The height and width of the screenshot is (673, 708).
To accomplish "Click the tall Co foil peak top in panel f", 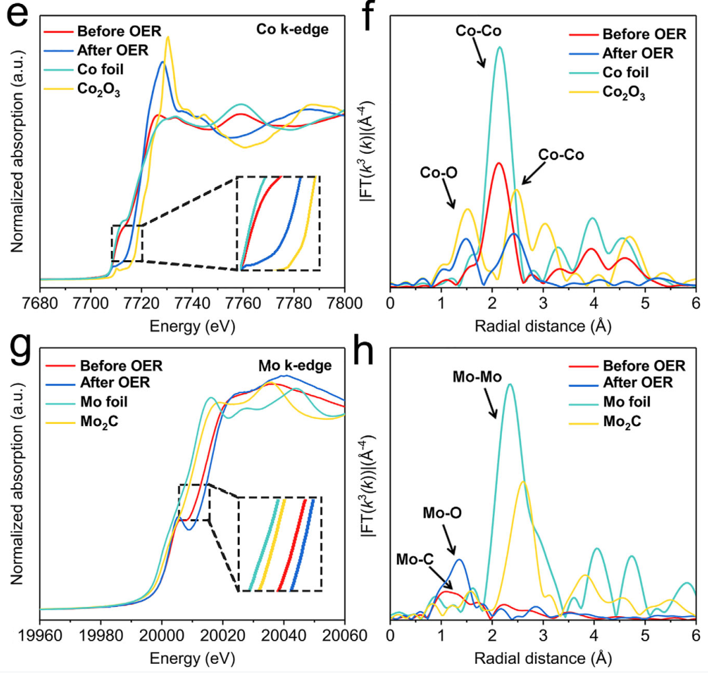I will click(500, 48).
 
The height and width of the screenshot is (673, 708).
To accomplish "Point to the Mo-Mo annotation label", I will click(478, 378).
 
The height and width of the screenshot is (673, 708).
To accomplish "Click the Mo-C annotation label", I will click(415, 560).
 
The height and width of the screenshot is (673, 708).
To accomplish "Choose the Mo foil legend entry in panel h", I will click(627, 402).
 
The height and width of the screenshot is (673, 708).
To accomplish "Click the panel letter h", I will click(381, 355).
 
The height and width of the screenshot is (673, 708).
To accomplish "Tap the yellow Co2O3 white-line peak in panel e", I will click(168, 38).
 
